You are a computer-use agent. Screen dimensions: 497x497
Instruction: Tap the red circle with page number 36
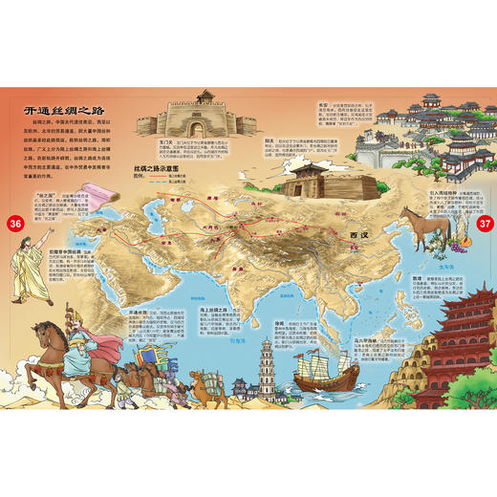coord(14,225)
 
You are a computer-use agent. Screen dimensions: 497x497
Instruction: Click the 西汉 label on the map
coord(358,233)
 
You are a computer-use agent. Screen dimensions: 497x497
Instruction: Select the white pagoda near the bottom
coord(266,368)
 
